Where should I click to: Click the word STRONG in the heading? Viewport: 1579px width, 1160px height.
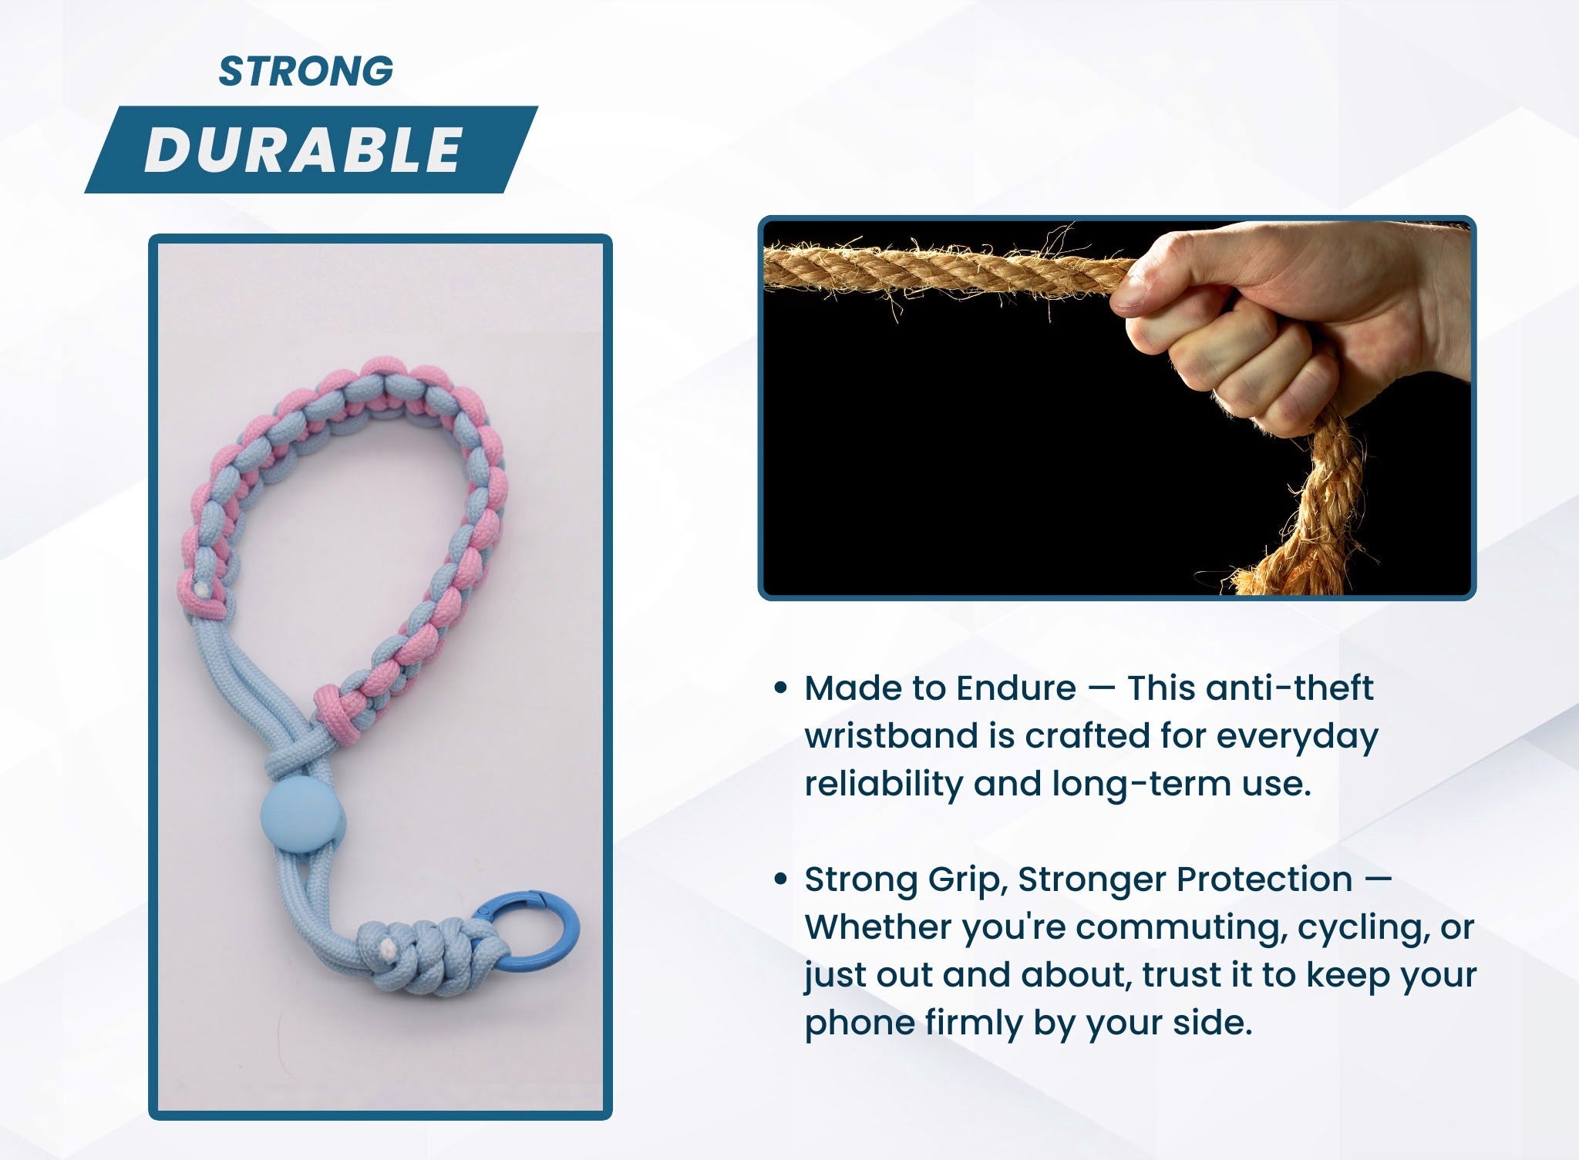[306, 71]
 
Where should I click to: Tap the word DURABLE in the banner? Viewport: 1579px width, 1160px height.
[303, 150]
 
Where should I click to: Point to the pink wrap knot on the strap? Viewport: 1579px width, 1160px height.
[336, 714]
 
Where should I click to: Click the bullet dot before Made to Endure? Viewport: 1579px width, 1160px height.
[780, 688]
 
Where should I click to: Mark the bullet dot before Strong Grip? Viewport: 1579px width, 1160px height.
[780, 879]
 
